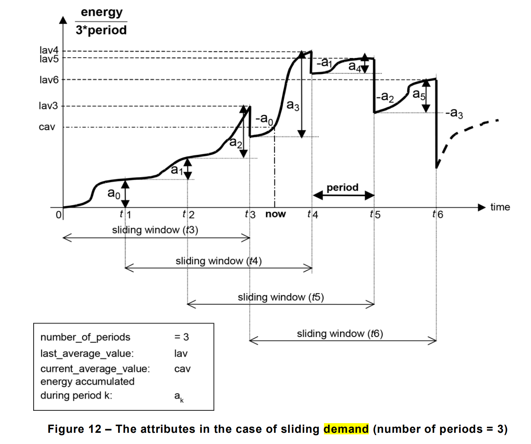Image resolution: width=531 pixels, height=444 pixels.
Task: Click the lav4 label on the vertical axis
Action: pyautogui.click(x=49, y=50)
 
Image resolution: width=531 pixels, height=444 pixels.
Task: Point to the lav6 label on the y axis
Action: pyautogui.click(x=49, y=80)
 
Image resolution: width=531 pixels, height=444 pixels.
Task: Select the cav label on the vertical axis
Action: pyautogui.click(x=47, y=127)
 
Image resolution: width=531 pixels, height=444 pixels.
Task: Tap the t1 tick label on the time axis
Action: pyautogui.click(x=126, y=214)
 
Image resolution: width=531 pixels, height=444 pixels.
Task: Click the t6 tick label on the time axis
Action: pyautogui.click(x=438, y=214)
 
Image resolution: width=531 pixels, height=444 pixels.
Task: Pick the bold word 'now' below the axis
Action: pyautogui.click(x=275, y=214)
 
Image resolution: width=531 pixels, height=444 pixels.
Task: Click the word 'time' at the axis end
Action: pyautogui.click(x=500, y=207)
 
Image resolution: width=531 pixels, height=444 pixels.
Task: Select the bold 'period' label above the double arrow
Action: pyautogui.click(x=343, y=187)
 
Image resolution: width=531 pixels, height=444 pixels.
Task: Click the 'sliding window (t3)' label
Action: pyautogui.click(x=155, y=230)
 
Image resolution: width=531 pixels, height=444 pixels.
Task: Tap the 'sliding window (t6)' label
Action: pyautogui.click(x=340, y=334)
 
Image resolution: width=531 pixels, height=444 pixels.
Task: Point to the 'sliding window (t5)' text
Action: pyautogui.click(x=281, y=297)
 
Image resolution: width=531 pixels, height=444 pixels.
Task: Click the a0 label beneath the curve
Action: pyautogui.click(x=114, y=193)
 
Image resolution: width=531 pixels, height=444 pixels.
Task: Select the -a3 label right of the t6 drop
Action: pyautogui.click(x=454, y=113)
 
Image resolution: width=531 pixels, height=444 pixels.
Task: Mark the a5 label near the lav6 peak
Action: pyautogui.click(x=419, y=94)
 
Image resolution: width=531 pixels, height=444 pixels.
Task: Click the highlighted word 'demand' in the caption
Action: pyautogui.click(x=346, y=429)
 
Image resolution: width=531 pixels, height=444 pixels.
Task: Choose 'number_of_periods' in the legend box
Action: pyautogui.click(x=85, y=337)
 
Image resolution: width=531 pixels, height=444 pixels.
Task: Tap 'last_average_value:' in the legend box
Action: pyautogui.click(x=87, y=354)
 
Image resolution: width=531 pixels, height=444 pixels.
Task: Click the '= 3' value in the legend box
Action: pyautogui.click(x=182, y=337)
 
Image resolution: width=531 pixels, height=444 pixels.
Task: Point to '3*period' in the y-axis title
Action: pyautogui.click(x=101, y=30)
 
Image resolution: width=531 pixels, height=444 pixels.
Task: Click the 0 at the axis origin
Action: pyautogui.click(x=58, y=215)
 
